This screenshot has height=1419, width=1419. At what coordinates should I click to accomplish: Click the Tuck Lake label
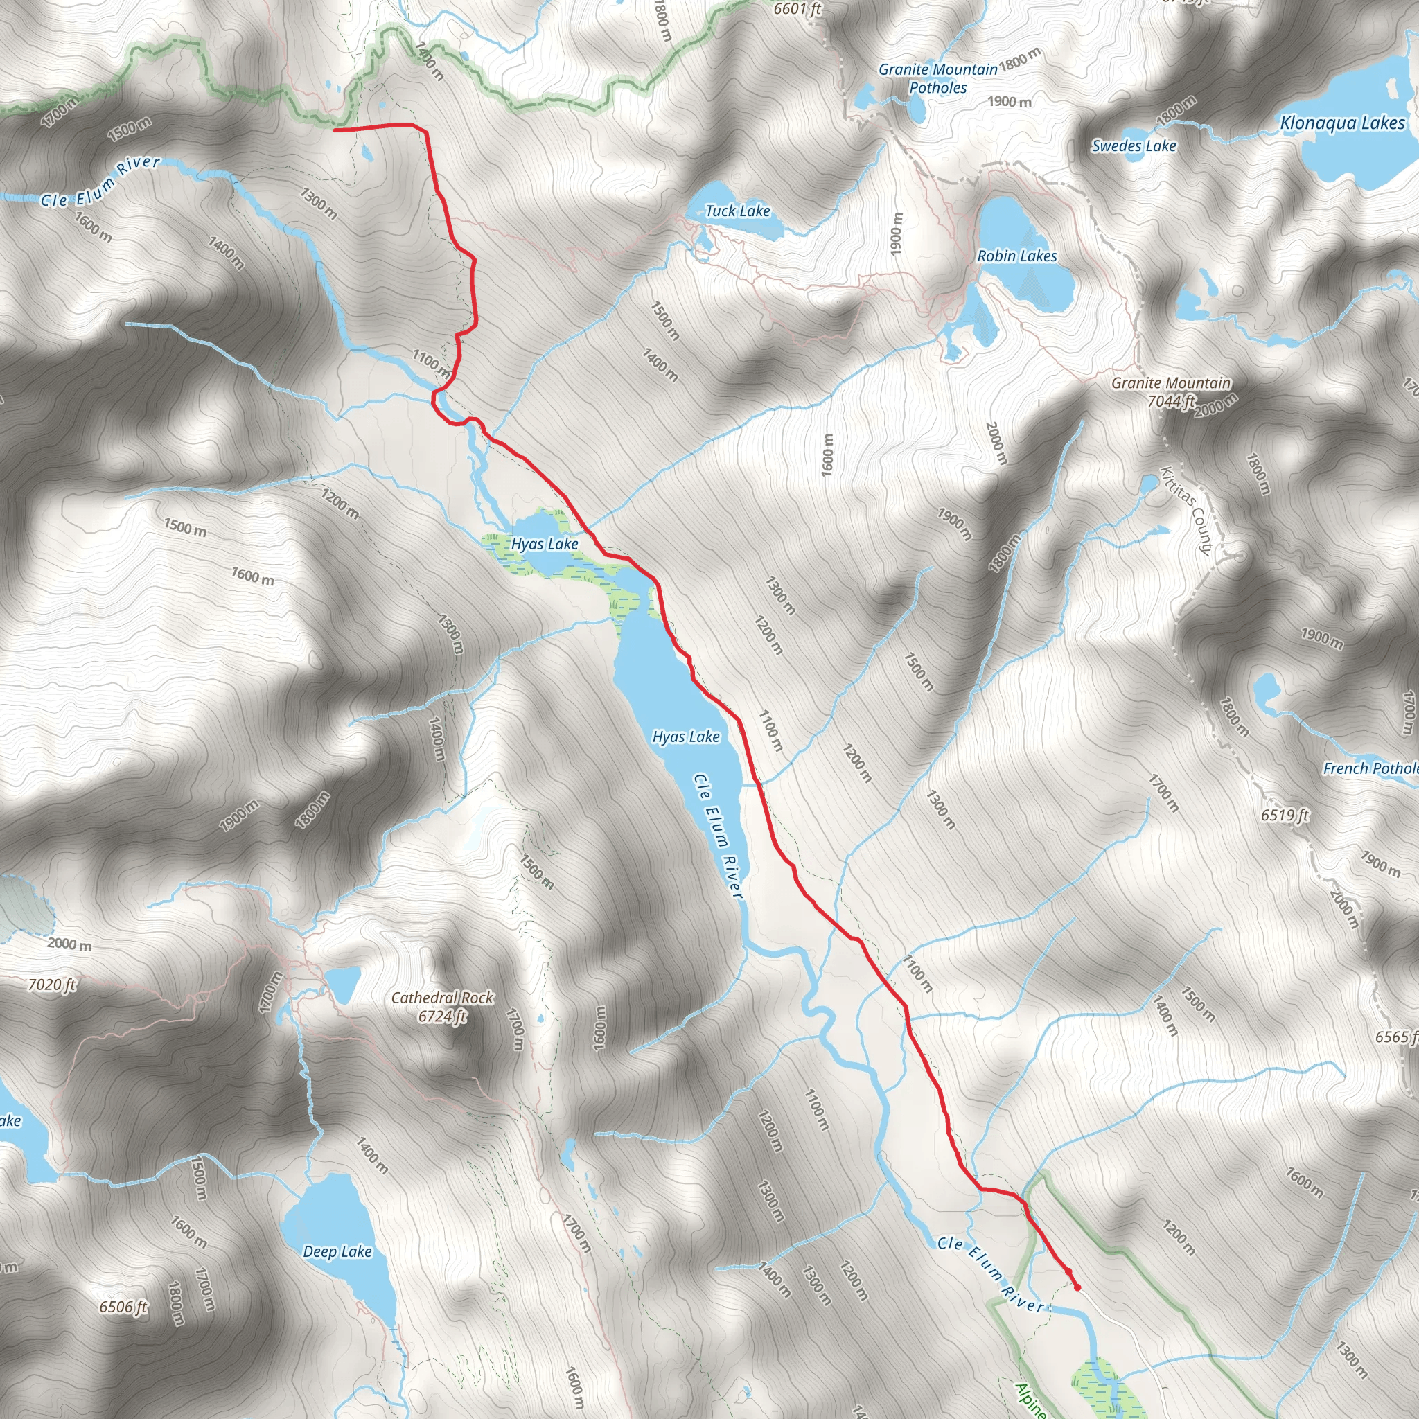737,211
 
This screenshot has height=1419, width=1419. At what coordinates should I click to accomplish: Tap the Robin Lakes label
1016,256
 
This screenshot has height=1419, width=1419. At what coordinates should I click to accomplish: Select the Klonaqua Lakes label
1342,123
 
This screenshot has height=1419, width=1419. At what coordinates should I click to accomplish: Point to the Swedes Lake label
1134,146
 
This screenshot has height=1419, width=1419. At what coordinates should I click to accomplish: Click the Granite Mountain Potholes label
938,78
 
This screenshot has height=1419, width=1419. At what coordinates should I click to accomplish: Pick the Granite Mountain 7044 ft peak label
1171,391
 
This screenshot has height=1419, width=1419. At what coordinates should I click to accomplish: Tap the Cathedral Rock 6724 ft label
442,1006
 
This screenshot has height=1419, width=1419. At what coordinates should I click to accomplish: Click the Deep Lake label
337,1251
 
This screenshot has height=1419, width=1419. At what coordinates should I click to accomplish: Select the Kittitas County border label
1186,510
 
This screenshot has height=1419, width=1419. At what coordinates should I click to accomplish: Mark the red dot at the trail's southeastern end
1077,1287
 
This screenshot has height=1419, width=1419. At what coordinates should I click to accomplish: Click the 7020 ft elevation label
51,984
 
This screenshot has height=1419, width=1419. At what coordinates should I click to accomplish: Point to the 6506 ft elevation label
123,1307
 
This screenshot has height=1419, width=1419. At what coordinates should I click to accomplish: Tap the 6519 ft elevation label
1285,815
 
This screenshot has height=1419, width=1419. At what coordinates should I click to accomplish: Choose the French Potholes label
1370,768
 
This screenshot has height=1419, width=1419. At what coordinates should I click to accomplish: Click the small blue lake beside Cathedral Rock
342,982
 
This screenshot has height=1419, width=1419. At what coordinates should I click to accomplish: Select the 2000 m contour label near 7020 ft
70,944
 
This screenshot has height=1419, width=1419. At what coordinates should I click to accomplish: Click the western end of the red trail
335,130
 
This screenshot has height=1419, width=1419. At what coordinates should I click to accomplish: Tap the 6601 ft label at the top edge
797,9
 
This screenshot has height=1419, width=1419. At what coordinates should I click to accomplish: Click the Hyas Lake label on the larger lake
686,736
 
